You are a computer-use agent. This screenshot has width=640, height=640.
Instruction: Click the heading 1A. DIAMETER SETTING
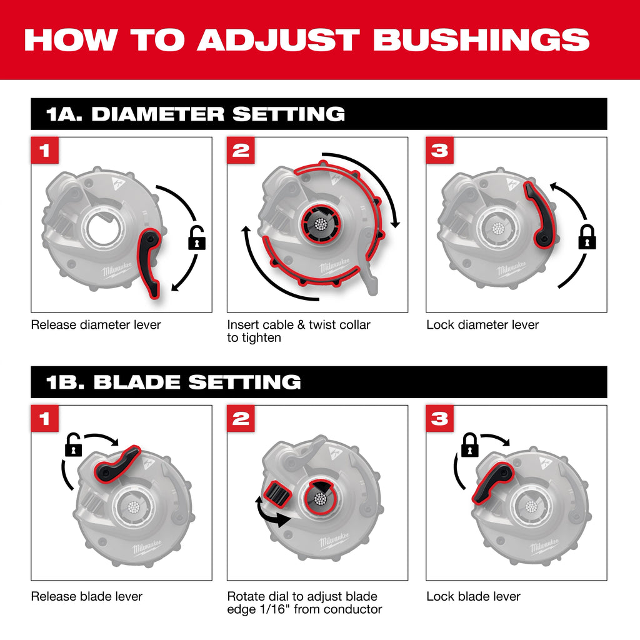click(196, 114)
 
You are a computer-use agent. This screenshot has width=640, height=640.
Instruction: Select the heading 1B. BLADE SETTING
click(174, 382)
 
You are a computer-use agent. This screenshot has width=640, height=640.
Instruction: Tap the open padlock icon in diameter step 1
click(197, 239)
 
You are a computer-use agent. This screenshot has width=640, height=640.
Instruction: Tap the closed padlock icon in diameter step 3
click(586, 237)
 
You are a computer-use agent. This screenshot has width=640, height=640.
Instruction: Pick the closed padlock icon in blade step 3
click(469, 444)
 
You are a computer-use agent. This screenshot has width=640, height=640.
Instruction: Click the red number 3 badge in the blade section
click(440, 419)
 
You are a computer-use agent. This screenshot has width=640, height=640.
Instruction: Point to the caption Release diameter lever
click(96, 325)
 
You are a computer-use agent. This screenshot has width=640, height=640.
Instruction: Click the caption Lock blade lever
click(473, 597)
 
